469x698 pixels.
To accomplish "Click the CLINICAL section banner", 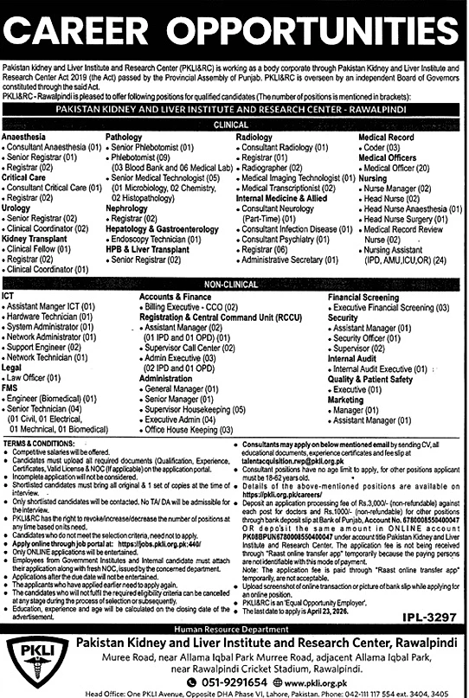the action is [x=234, y=125].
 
